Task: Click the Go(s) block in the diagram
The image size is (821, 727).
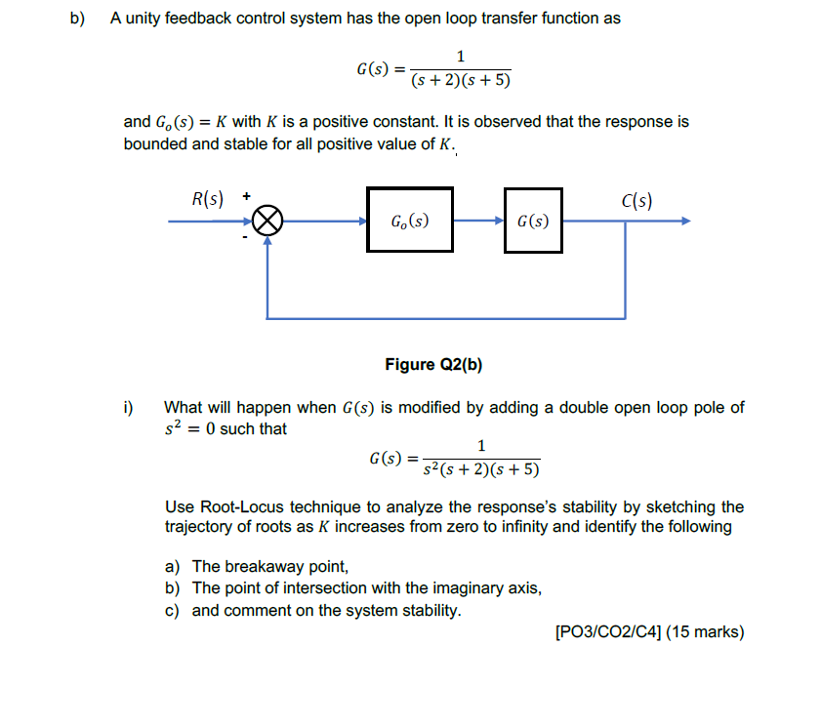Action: coord(410,220)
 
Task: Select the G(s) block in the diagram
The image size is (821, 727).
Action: coord(533,221)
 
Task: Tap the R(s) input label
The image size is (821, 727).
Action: coord(207,201)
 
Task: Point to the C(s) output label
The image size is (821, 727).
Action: coord(636,201)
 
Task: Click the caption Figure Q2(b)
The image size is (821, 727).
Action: coord(433,365)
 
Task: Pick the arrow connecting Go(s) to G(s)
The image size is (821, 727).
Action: coord(478,221)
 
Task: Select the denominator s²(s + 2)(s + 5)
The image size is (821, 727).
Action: coord(479,469)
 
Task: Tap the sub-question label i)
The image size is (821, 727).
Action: coord(128,407)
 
